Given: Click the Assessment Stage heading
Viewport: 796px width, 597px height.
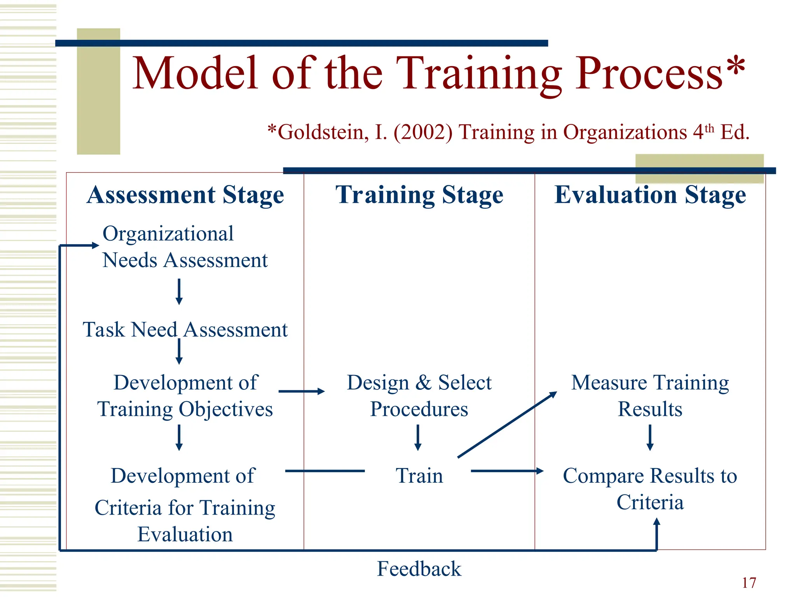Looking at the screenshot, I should click(185, 195).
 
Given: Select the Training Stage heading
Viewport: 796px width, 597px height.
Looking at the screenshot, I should click(419, 195).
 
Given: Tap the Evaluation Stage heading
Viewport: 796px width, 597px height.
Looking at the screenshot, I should click(650, 195).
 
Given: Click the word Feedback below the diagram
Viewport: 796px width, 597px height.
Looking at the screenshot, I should click(419, 569).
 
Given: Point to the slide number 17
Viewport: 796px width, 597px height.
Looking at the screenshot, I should click(749, 583).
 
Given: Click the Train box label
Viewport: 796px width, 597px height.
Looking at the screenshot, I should click(419, 476).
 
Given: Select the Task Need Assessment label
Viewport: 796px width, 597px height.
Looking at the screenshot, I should click(185, 330).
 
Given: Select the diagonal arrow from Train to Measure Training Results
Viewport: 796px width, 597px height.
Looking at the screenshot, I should click(507, 424).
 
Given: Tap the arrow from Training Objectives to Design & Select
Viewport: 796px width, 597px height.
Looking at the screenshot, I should click(301, 391).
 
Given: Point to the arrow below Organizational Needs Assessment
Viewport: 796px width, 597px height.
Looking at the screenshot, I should click(179, 292).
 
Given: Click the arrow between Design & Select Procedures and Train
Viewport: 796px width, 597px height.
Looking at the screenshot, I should click(418, 437).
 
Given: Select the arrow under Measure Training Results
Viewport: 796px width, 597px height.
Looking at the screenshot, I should click(650, 437).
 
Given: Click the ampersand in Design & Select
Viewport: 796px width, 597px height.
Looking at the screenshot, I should click(423, 382).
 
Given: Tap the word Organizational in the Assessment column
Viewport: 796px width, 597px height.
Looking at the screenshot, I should click(168, 234).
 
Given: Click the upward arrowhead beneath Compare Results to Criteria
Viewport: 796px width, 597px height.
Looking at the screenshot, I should click(656, 523).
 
